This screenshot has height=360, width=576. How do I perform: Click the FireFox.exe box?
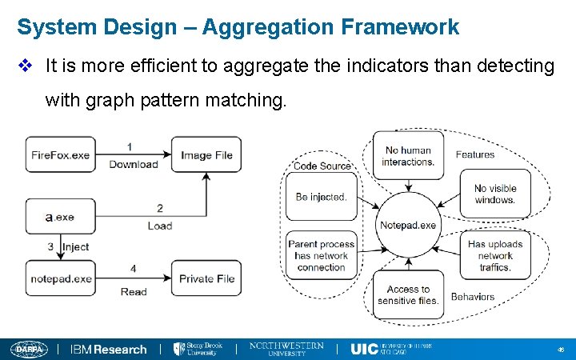59,154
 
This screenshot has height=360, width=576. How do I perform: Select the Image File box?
206,154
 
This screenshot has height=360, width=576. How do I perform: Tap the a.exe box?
59,217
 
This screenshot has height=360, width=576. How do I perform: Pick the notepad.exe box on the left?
61,279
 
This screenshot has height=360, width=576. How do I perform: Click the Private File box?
206,279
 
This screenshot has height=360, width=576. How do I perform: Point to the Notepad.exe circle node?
408,225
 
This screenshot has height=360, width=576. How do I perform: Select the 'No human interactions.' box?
409,156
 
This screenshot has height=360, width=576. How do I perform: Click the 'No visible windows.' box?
495,194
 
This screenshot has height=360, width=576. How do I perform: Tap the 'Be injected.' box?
321,197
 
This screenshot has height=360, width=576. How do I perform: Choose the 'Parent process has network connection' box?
321,256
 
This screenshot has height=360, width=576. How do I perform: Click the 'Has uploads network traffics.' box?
495,255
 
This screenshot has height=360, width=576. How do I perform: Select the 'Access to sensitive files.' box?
408,294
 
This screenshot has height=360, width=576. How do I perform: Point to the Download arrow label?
134,165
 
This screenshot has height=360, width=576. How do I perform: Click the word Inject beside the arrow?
75,247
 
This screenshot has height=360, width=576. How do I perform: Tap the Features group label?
474,154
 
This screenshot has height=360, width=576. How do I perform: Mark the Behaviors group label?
472,297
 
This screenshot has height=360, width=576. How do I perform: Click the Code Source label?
322,166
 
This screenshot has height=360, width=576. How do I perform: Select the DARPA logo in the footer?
29,349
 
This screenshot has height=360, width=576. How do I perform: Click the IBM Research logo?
109,349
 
